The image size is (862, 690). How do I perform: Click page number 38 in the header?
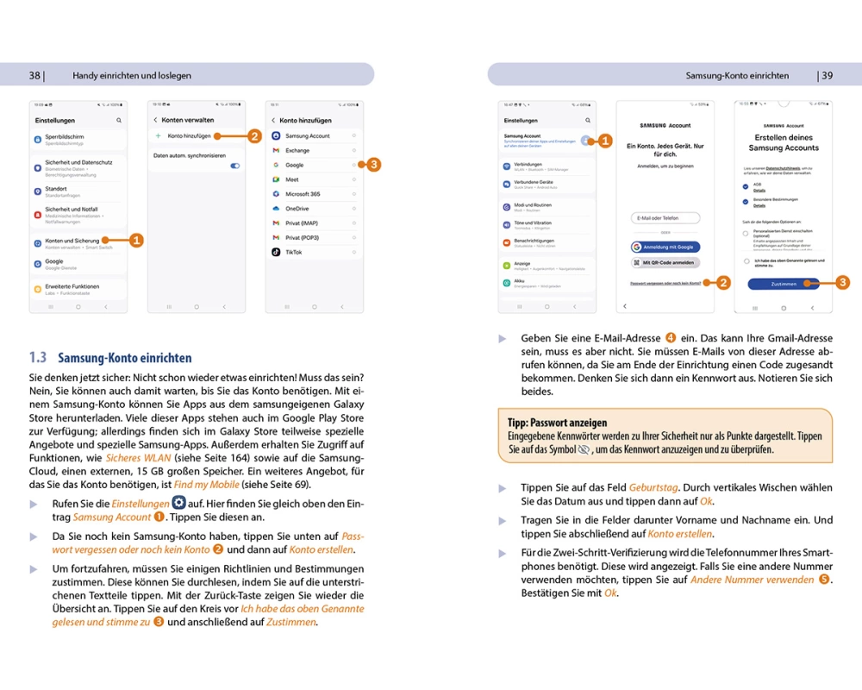(x=34, y=75)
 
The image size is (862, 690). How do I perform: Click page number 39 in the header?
(x=827, y=75)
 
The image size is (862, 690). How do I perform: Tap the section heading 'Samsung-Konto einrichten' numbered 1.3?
(x=124, y=357)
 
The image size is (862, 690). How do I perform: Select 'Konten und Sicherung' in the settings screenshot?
(x=72, y=241)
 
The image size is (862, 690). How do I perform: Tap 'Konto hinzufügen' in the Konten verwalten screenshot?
(x=190, y=136)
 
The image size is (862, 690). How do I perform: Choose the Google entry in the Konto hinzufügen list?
(x=295, y=165)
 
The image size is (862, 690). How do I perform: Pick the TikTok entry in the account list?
(x=294, y=253)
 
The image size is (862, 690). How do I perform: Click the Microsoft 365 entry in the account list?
(x=303, y=194)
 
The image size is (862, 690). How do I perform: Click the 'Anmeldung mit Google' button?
(x=665, y=247)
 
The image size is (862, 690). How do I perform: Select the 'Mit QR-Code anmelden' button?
(x=665, y=262)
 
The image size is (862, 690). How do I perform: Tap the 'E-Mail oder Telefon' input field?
(x=665, y=218)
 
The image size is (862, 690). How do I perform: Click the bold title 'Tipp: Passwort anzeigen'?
(x=558, y=423)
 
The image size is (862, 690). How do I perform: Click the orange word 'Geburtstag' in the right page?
(x=653, y=488)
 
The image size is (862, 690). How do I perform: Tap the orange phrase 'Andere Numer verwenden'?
(x=752, y=580)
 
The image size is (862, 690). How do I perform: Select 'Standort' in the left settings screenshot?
(x=56, y=189)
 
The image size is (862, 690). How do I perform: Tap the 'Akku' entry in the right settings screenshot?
(x=521, y=280)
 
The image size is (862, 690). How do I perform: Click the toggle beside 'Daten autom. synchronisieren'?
(x=234, y=166)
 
